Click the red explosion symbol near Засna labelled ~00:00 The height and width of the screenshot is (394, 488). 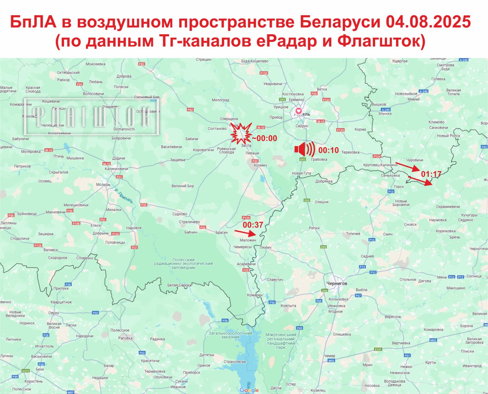pyautogui.click(x=241, y=133)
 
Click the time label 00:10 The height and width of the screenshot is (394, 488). pyautogui.click(x=329, y=150)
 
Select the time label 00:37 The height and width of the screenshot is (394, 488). pyautogui.click(x=253, y=225)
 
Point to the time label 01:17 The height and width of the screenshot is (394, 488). pyautogui.click(x=431, y=174)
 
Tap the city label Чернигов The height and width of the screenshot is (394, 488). pyautogui.click(x=337, y=283)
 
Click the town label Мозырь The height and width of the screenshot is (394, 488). pyautogui.click(x=103, y=184)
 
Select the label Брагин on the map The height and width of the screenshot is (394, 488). pyautogui.click(x=222, y=232)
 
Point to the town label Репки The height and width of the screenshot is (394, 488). pyautogui.click(x=314, y=228)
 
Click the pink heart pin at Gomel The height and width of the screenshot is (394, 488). pyautogui.click(x=298, y=111)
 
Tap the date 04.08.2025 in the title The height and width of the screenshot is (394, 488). pyautogui.click(x=428, y=22)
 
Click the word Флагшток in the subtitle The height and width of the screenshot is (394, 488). pyautogui.click(x=381, y=41)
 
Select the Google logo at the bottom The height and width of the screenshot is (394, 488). pyautogui.click(x=249, y=390)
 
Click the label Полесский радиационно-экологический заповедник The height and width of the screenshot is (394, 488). pyautogui.click(x=183, y=264)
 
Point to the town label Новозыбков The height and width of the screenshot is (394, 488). pyautogui.click(x=406, y=94)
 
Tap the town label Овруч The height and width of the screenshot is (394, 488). pyautogui.click(x=53, y=313)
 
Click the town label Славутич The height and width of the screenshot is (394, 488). pyautogui.click(x=275, y=280)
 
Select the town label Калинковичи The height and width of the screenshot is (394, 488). pyautogui.click(x=116, y=169)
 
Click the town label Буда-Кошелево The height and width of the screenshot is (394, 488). pyautogui.click(x=255, y=61)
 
